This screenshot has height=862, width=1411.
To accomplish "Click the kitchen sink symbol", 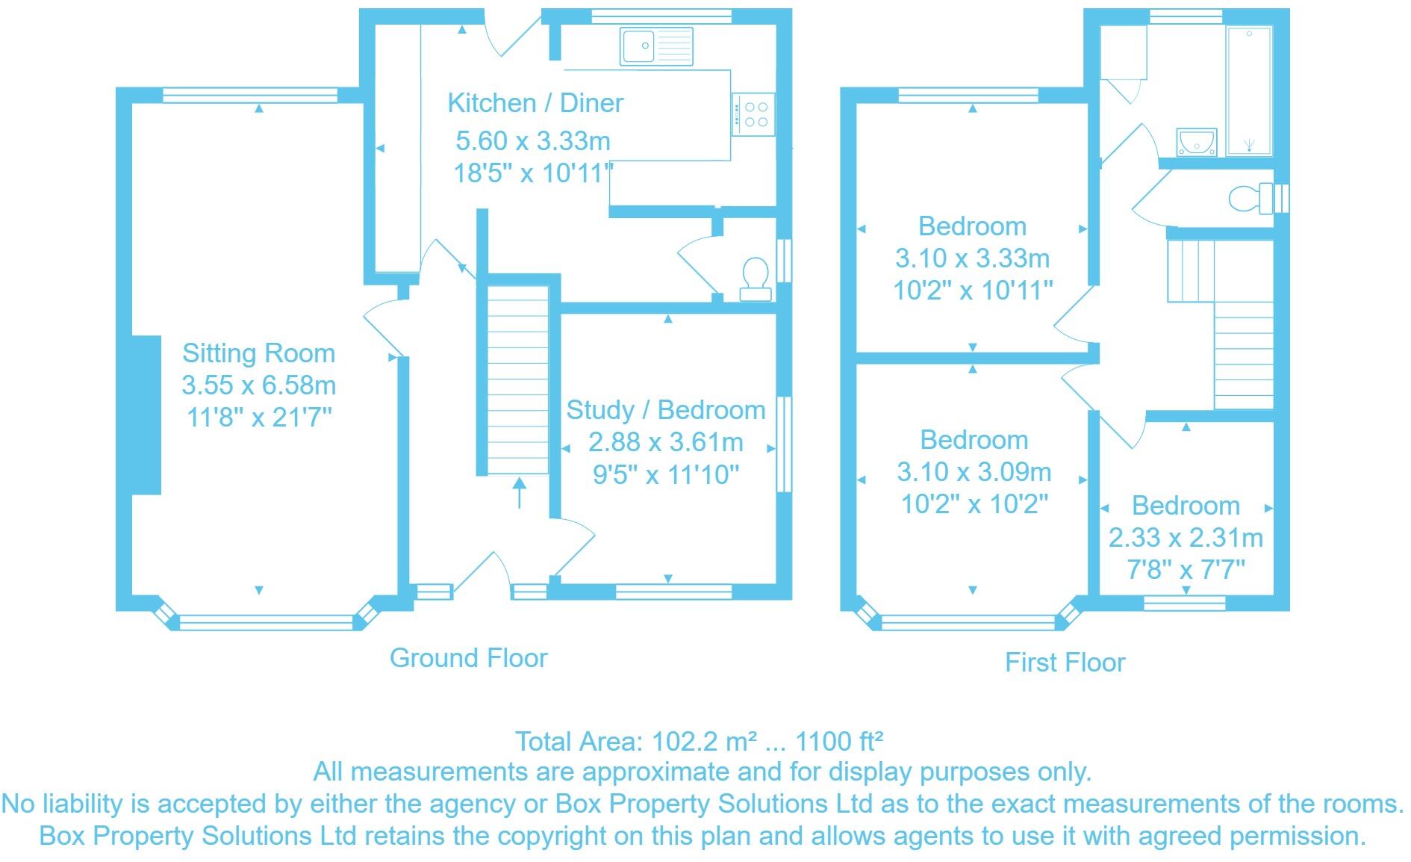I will tap(656, 46).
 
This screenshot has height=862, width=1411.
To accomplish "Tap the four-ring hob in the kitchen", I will tap(753, 114).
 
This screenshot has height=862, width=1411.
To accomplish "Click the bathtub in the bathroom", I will tap(1249, 91).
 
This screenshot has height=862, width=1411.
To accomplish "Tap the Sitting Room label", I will tap(258, 353).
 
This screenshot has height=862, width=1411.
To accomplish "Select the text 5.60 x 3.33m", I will tap(533, 140).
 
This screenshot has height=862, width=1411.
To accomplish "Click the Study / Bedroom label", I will tap(666, 410).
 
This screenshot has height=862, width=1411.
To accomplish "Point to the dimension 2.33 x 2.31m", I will tap(1186, 538).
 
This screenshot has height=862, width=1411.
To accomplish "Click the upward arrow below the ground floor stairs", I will tap(519, 493).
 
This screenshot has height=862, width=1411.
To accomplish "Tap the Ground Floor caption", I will tap(468, 658).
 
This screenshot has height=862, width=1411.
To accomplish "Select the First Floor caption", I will tap(1065, 663).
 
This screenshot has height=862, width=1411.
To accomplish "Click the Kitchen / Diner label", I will tap(535, 103).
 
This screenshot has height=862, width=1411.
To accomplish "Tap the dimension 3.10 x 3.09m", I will tap(974, 472).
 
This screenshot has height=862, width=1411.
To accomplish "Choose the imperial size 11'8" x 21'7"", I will tap(258, 418).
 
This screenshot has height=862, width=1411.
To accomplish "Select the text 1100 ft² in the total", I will tap(839, 741).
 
